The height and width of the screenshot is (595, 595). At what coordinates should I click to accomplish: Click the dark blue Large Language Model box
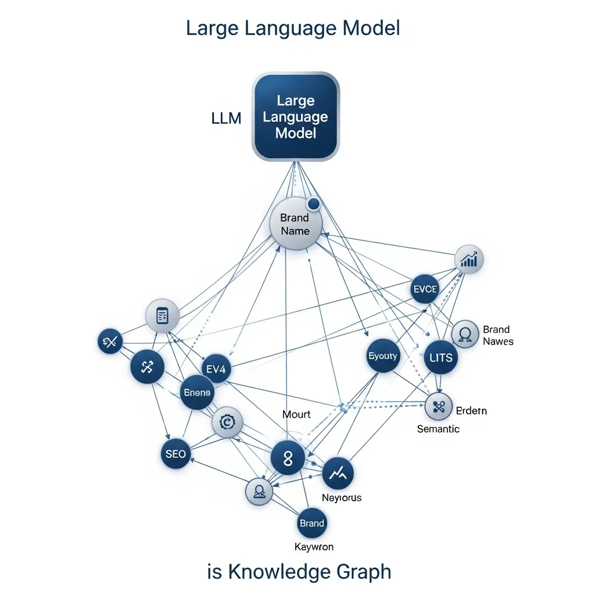point(295,117)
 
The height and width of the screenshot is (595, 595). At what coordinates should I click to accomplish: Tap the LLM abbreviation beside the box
point(225,119)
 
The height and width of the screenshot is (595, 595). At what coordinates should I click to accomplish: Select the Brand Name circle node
point(296,224)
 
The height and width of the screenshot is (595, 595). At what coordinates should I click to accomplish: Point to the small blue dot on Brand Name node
point(314,203)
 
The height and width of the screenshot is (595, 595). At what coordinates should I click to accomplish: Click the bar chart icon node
point(468,259)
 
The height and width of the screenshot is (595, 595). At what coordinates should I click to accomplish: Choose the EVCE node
point(425,289)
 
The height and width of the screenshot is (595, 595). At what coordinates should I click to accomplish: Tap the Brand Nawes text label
point(498,335)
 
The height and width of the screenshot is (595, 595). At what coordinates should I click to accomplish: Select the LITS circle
point(440,357)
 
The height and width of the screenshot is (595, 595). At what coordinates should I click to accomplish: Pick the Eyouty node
point(383,356)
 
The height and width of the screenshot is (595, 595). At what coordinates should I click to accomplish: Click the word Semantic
point(438,429)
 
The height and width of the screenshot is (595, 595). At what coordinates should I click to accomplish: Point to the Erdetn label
point(471,411)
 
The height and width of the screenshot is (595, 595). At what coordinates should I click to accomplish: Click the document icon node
point(162,316)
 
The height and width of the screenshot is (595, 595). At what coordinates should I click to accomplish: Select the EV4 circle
point(216,370)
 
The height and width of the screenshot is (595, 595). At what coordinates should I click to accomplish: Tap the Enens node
point(198,393)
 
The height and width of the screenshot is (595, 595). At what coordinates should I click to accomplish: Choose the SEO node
point(175,453)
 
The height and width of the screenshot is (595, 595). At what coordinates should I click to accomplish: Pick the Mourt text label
point(296,414)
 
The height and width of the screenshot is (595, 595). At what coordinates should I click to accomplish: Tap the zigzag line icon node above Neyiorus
point(338,474)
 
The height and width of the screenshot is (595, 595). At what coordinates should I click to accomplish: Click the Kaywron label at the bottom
point(314,547)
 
